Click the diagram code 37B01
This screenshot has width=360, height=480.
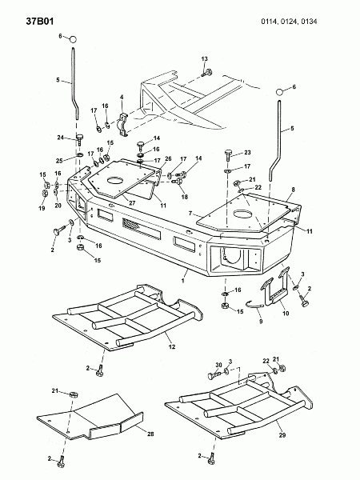(x=40, y=21)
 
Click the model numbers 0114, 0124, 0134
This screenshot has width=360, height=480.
(x=289, y=22)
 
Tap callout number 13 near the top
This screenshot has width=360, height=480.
(x=204, y=58)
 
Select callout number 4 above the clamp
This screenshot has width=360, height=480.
(x=122, y=97)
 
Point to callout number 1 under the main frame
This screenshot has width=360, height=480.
(x=182, y=280)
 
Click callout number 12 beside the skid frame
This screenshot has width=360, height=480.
(x=172, y=346)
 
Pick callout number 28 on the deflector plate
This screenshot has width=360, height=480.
(x=150, y=434)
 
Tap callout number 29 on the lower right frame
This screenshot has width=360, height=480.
(x=282, y=434)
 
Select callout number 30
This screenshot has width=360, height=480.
(x=218, y=365)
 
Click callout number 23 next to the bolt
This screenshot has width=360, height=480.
(x=247, y=152)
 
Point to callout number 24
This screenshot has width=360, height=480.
(x=60, y=138)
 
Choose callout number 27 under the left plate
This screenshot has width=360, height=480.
(x=133, y=202)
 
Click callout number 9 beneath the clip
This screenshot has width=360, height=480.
(x=261, y=322)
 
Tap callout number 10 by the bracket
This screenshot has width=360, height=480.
(x=286, y=314)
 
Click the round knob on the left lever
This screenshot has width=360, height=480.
(x=73, y=39)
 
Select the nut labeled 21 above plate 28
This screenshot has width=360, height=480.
(x=73, y=394)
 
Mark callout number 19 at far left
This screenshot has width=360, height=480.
(x=42, y=208)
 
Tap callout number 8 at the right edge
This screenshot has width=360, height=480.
(x=293, y=190)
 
